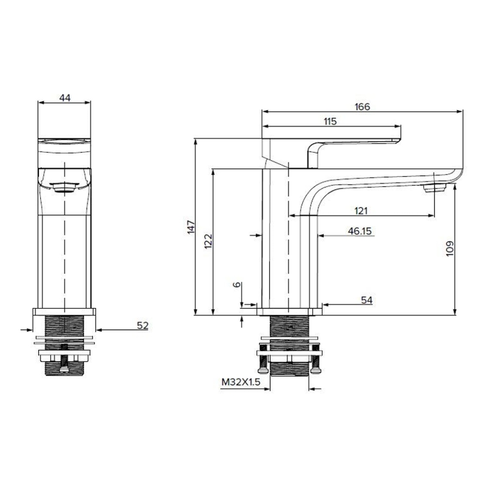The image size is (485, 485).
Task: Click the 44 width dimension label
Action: pos(65,98)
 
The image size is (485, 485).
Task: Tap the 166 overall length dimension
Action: pos(362,107)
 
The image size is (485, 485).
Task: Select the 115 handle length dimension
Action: pos(330,122)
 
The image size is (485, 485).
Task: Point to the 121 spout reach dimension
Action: pos(361,211)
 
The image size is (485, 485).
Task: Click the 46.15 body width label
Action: pos(360,231)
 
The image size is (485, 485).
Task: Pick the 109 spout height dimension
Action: pos(450,248)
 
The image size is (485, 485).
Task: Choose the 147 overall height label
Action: pos(192,227)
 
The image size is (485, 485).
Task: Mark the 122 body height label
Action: pos(209,241)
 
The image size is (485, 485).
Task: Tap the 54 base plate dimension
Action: pos(367,300)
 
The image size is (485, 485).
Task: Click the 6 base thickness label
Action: pos(237,285)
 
